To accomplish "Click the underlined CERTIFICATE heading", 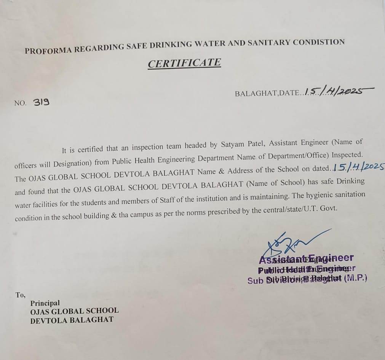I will tap(184, 63).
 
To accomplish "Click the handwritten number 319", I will tap(41, 102).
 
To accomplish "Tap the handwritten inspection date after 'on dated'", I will tap(358, 168).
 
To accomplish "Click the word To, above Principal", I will tap(21, 295).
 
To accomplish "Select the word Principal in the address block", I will tap(45, 303).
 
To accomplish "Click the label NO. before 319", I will tap(20, 103).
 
